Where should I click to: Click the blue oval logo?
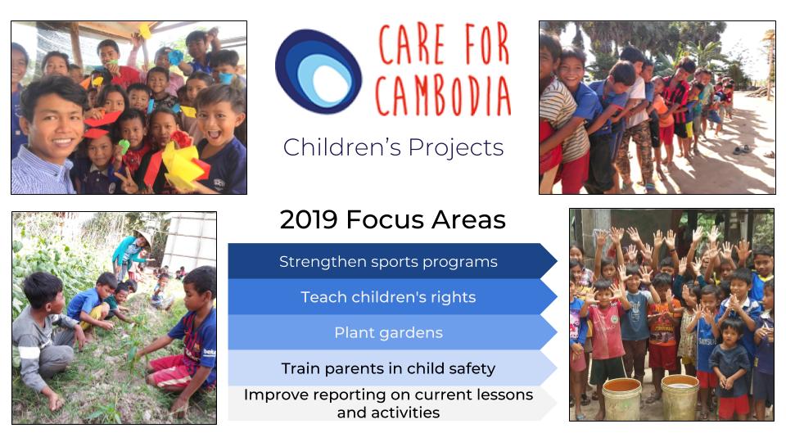(x=318, y=71)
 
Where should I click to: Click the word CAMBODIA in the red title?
(x=443, y=97)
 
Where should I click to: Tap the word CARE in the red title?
(x=412, y=44)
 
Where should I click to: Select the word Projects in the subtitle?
(x=456, y=147)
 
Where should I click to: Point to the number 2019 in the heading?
(x=309, y=219)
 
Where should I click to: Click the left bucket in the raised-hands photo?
(x=621, y=399)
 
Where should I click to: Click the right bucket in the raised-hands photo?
(x=680, y=397)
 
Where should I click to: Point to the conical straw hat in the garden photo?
(x=142, y=237)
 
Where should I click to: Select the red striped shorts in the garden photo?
(x=169, y=372)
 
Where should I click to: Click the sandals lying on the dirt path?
(x=742, y=149)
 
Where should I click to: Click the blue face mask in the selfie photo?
(x=226, y=78)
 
